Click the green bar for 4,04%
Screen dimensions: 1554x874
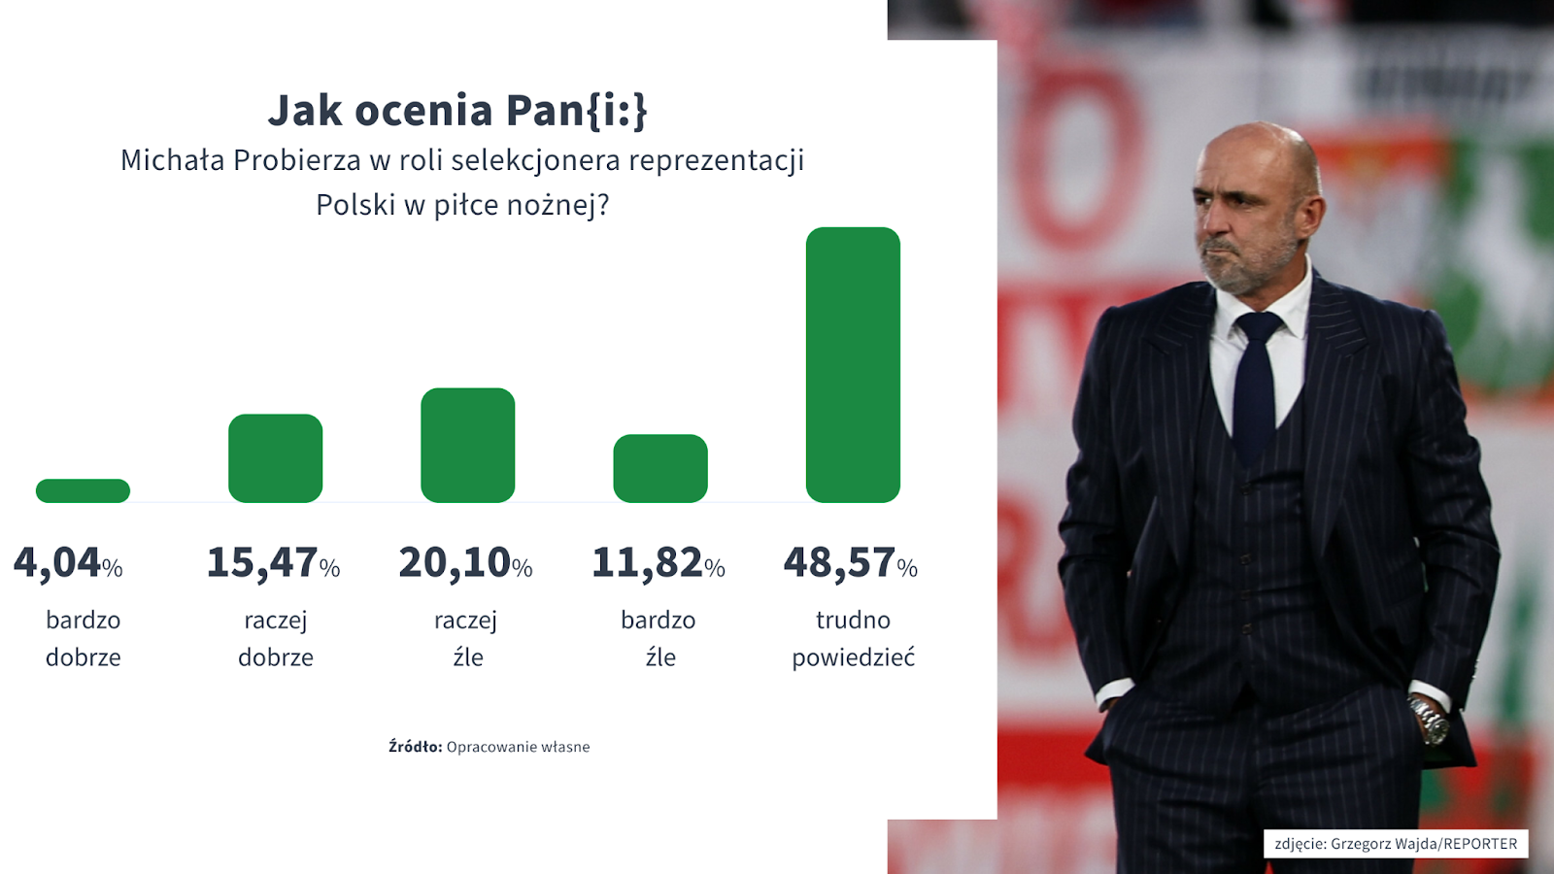(83, 490)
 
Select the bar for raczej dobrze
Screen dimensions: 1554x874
(276, 458)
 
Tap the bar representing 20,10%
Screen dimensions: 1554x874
(467, 446)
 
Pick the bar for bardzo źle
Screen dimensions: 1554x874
(660, 468)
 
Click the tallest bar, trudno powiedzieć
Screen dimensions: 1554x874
(853, 365)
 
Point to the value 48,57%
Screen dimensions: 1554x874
(851, 562)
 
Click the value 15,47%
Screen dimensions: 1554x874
(273, 562)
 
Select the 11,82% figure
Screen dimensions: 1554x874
(659, 562)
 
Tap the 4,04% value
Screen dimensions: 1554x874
(68, 562)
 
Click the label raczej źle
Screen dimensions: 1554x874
(466, 639)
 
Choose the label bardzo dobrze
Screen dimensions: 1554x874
(84, 639)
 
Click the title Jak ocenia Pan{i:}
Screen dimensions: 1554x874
(457, 111)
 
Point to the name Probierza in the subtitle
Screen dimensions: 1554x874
(297, 160)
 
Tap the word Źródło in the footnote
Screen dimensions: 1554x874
(415, 747)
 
